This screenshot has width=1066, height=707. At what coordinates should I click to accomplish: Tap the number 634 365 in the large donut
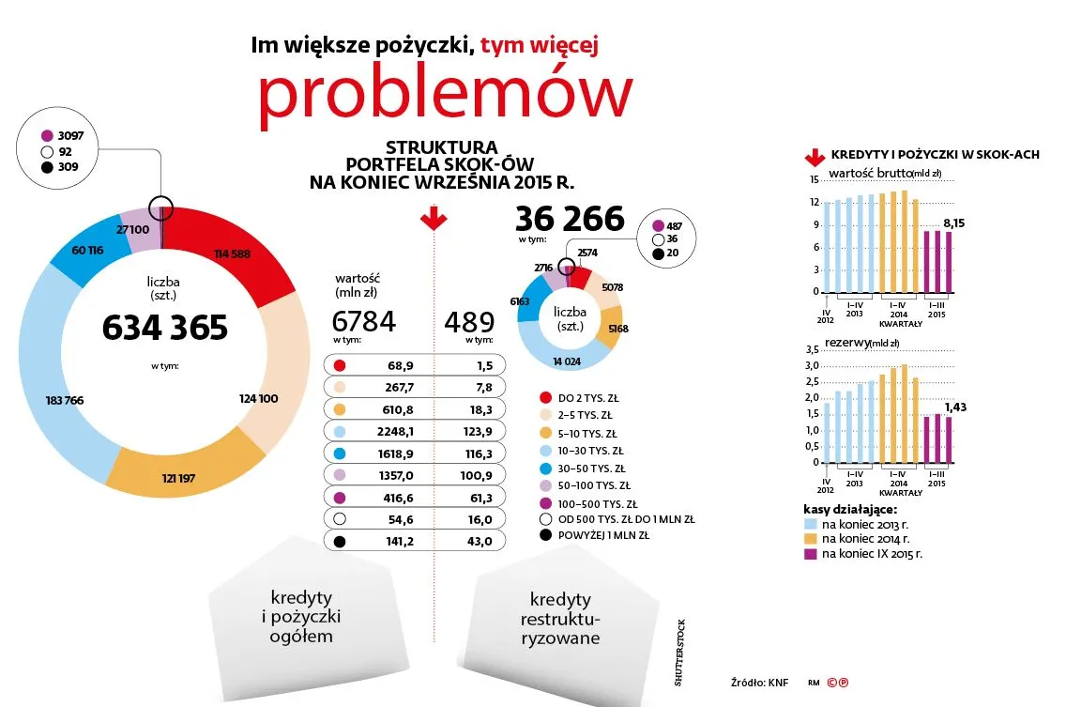click(x=165, y=328)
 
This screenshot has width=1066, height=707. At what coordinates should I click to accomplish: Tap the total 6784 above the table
click(x=365, y=322)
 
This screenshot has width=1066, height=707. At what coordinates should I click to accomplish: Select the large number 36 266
click(x=570, y=219)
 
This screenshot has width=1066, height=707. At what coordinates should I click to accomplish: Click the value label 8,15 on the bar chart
click(x=954, y=223)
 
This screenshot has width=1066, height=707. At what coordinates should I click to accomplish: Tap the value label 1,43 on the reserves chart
click(x=954, y=407)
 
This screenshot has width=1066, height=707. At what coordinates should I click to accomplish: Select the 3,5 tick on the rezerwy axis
click(x=813, y=349)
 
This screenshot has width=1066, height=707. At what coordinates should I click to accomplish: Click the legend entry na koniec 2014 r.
click(x=864, y=539)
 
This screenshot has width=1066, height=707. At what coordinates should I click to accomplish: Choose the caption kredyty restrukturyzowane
click(x=560, y=620)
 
